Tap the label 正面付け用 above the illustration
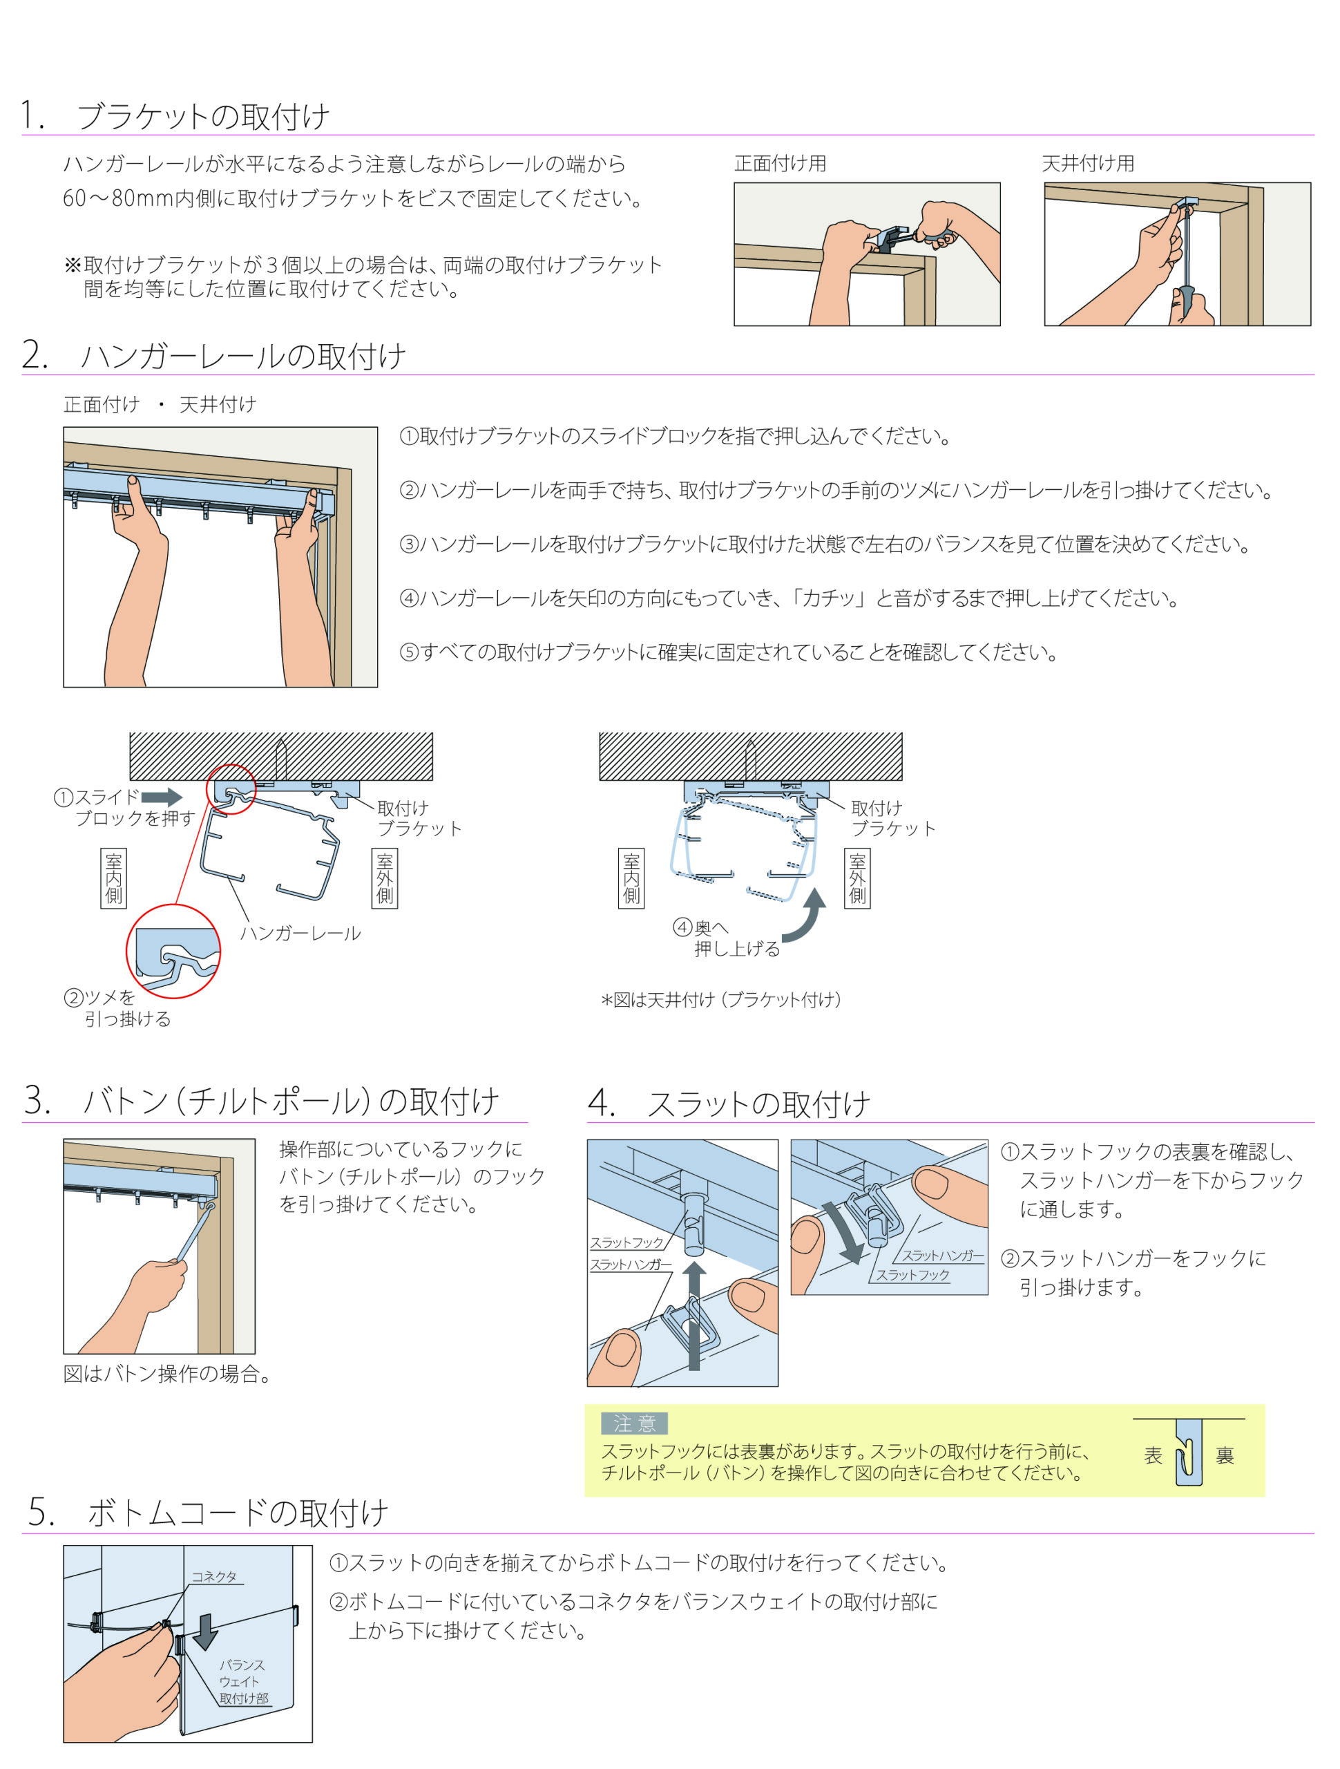(x=780, y=164)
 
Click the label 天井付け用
(x=1087, y=164)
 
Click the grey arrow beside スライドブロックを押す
(x=162, y=797)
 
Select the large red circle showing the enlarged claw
(x=173, y=952)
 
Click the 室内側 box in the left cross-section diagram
(x=113, y=878)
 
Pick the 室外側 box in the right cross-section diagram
(x=857, y=878)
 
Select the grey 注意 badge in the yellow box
(x=634, y=1423)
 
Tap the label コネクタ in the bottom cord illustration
(x=214, y=1577)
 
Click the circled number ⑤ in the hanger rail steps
(x=408, y=652)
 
